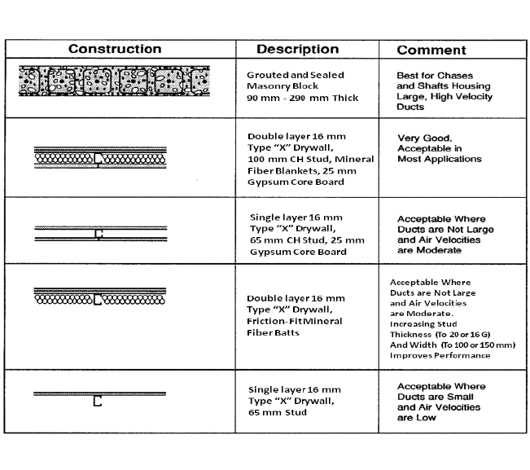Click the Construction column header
pos(114,49)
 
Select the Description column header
pos(298,49)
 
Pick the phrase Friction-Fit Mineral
pos(295,321)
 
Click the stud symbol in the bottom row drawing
pos(98,401)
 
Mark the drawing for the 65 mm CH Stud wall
pos(99,234)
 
